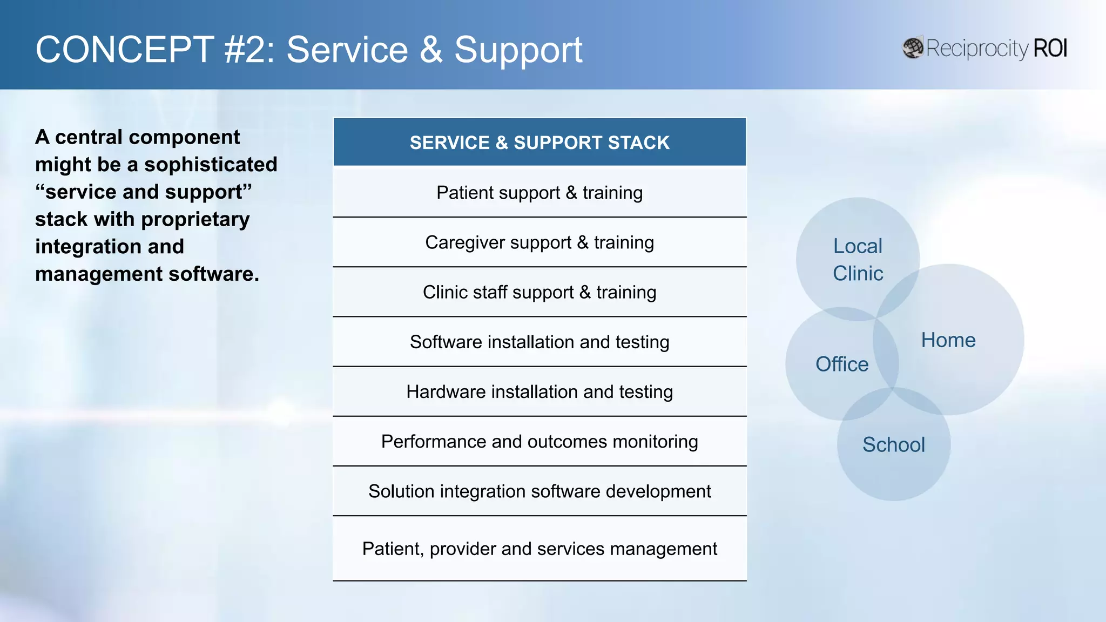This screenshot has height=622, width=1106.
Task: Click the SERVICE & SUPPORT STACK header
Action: click(x=539, y=143)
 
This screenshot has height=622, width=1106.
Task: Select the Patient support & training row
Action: click(x=539, y=193)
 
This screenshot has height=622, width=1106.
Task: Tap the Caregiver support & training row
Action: click(x=539, y=242)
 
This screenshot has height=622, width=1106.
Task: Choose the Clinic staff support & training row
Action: click(x=539, y=292)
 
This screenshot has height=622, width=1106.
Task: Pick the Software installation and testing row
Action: click(x=539, y=342)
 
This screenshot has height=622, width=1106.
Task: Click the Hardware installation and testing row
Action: click(x=539, y=391)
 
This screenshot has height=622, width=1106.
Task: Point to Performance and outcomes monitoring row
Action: click(x=539, y=442)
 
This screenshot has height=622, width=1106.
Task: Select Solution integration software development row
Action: click(x=539, y=491)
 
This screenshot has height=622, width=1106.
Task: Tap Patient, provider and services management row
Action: click(x=539, y=549)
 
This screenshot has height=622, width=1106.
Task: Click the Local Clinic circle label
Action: click(x=858, y=260)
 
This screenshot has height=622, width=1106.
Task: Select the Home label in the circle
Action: click(x=948, y=340)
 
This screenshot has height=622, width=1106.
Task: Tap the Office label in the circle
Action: click(x=842, y=364)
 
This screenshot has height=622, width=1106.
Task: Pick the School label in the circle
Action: click(x=894, y=445)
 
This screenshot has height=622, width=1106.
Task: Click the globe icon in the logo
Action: click(x=913, y=48)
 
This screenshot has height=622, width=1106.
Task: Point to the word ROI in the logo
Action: click(x=1050, y=49)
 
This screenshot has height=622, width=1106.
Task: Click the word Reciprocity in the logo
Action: click(x=977, y=49)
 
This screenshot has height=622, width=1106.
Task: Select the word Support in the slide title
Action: click(x=518, y=50)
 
